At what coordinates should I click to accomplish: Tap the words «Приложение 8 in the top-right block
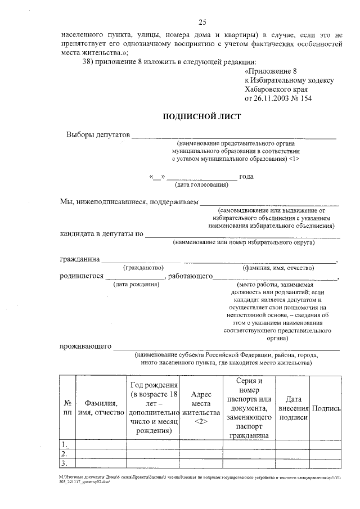point(271,71)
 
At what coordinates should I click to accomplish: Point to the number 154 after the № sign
point(305,98)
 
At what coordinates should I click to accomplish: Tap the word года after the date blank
point(246,177)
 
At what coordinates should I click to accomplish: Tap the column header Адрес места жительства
point(201,408)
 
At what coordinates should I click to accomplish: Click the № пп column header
point(67,408)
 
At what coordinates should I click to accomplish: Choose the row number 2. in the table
point(65,454)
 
